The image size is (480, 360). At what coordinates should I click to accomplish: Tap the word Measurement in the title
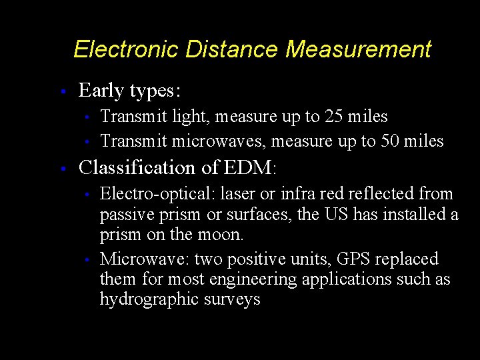pos(359,49)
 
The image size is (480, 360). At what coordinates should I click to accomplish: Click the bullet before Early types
pos(61,91)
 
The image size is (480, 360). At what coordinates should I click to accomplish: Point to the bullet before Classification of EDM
pos(61,168)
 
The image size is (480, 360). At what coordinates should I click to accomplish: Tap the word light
pos(189,117)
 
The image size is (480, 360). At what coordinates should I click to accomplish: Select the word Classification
pos(137,167)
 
